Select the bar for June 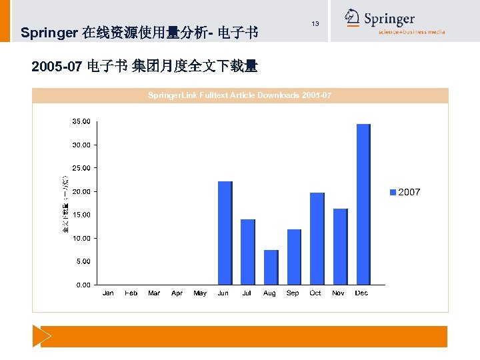click(225, 233)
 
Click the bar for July click(247, 251)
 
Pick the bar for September click(293, 257)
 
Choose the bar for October click(317, 238)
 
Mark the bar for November click(340, 246)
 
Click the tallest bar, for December click(363, 204)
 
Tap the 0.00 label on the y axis click(83, 285)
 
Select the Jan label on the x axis click(108, 293)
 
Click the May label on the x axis click(200, 293)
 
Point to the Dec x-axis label click(361, 293)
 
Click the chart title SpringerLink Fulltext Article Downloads click(239, 96)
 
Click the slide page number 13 click(315, 24)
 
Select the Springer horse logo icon click(353, 19)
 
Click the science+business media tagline click(411, 32)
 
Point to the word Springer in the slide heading click(49, 32)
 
